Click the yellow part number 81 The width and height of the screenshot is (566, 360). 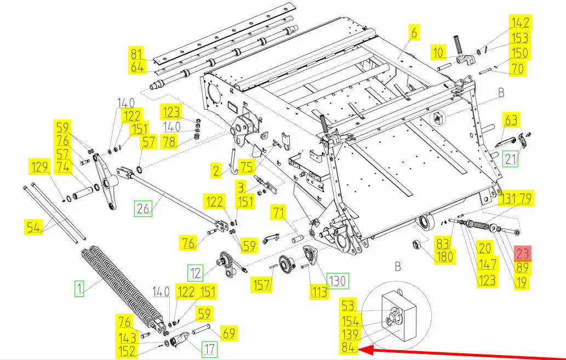(136, 54)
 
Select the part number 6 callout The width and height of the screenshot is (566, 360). (414, 33)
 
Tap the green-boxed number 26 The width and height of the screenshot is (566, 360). (144, 208)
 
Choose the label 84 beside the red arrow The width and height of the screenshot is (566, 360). (348, 348)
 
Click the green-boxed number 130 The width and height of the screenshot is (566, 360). (338, 280)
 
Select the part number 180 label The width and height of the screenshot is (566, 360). (445, 256)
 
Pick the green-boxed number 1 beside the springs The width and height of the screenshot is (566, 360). (79, 288)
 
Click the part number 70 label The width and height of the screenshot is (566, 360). (518, 68)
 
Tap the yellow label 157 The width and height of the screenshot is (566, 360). (261, 284)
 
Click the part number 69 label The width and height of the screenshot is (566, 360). (228, 333)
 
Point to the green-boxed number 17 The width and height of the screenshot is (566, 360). (209, 349)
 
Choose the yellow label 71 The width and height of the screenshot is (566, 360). (279, 212)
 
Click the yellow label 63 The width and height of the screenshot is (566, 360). (511, 120)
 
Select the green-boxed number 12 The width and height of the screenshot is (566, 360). (195, 273)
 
